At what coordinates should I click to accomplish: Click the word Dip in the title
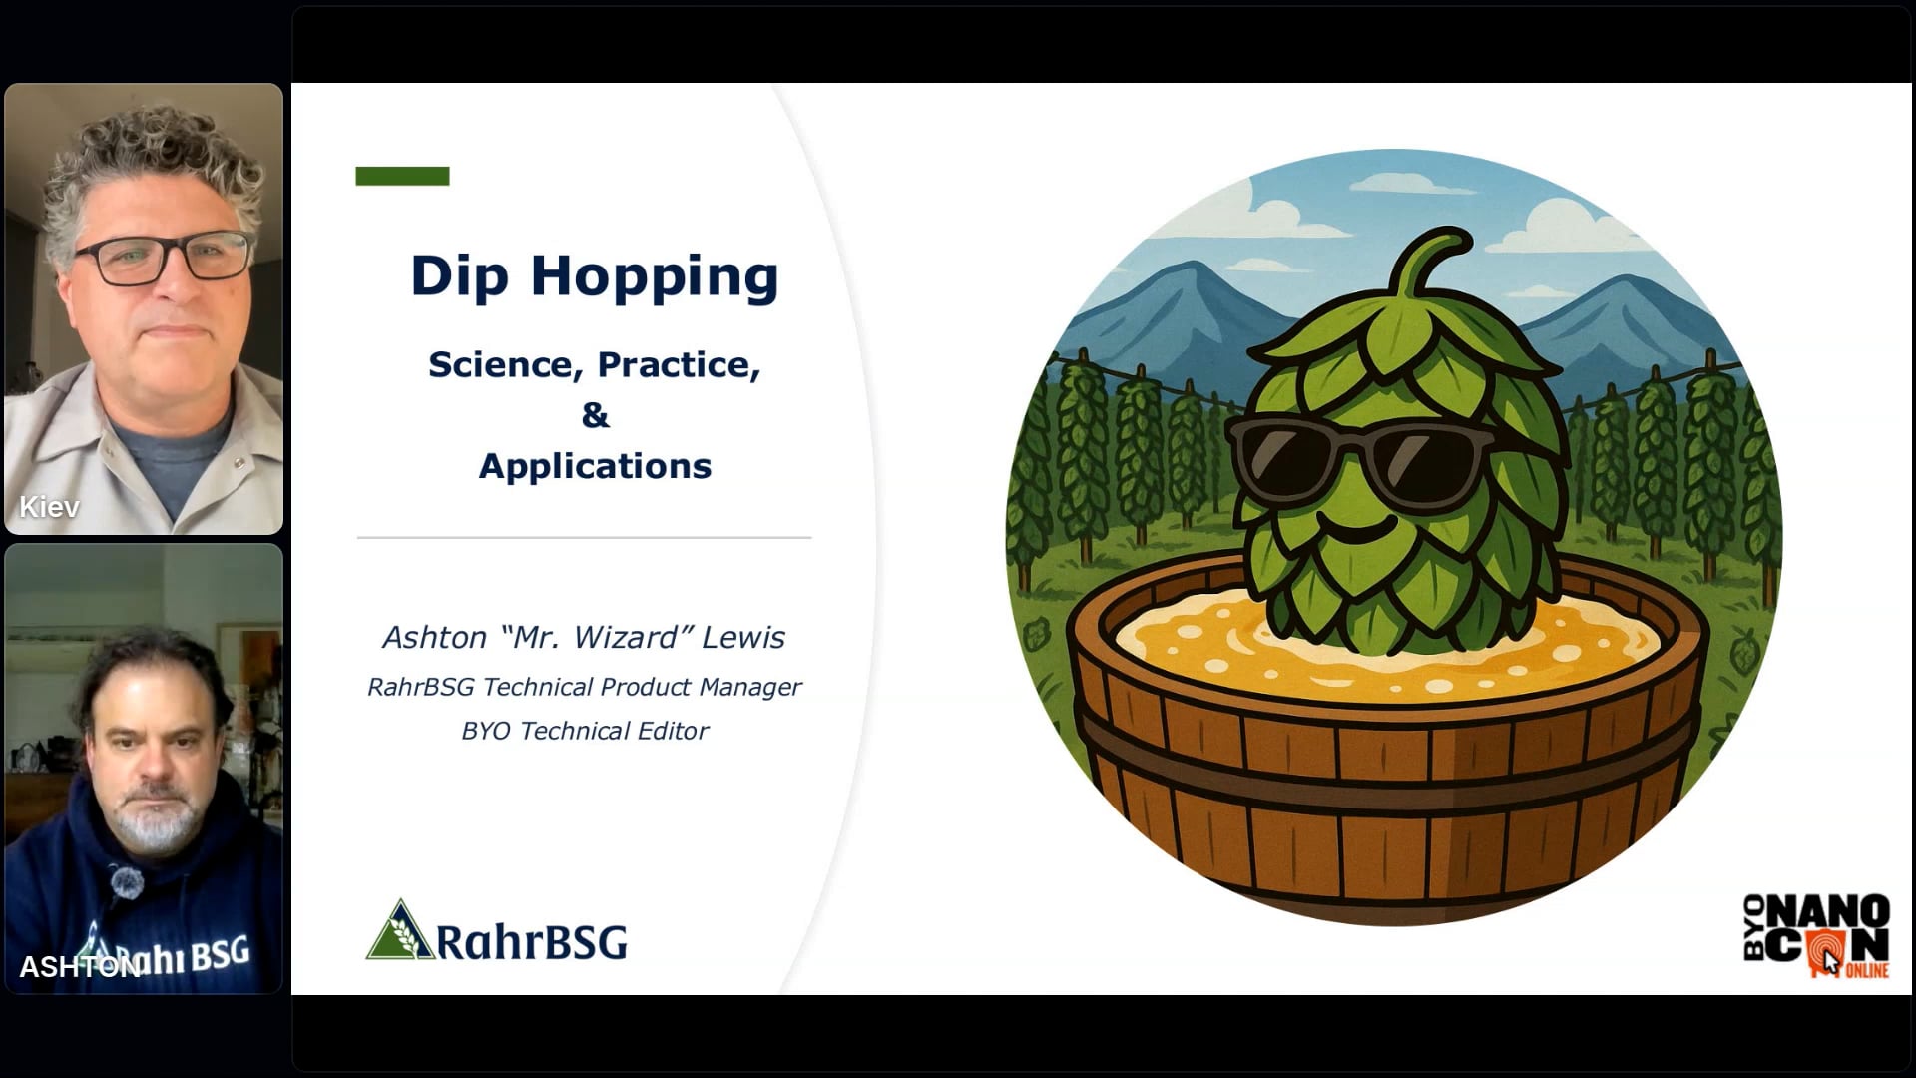460,276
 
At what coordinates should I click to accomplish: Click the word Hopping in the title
655,276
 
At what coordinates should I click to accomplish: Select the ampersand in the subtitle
595,415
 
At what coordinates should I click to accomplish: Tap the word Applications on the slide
595,467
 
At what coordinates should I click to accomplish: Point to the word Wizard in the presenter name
627,637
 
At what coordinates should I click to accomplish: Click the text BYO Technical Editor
585,731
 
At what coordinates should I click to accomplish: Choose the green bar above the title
402,176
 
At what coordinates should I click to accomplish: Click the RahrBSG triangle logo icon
400,930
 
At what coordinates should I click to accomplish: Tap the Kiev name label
49,507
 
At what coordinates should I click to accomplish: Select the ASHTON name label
80,967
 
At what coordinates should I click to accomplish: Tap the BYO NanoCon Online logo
1816,936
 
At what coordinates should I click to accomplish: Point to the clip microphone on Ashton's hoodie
125,881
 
